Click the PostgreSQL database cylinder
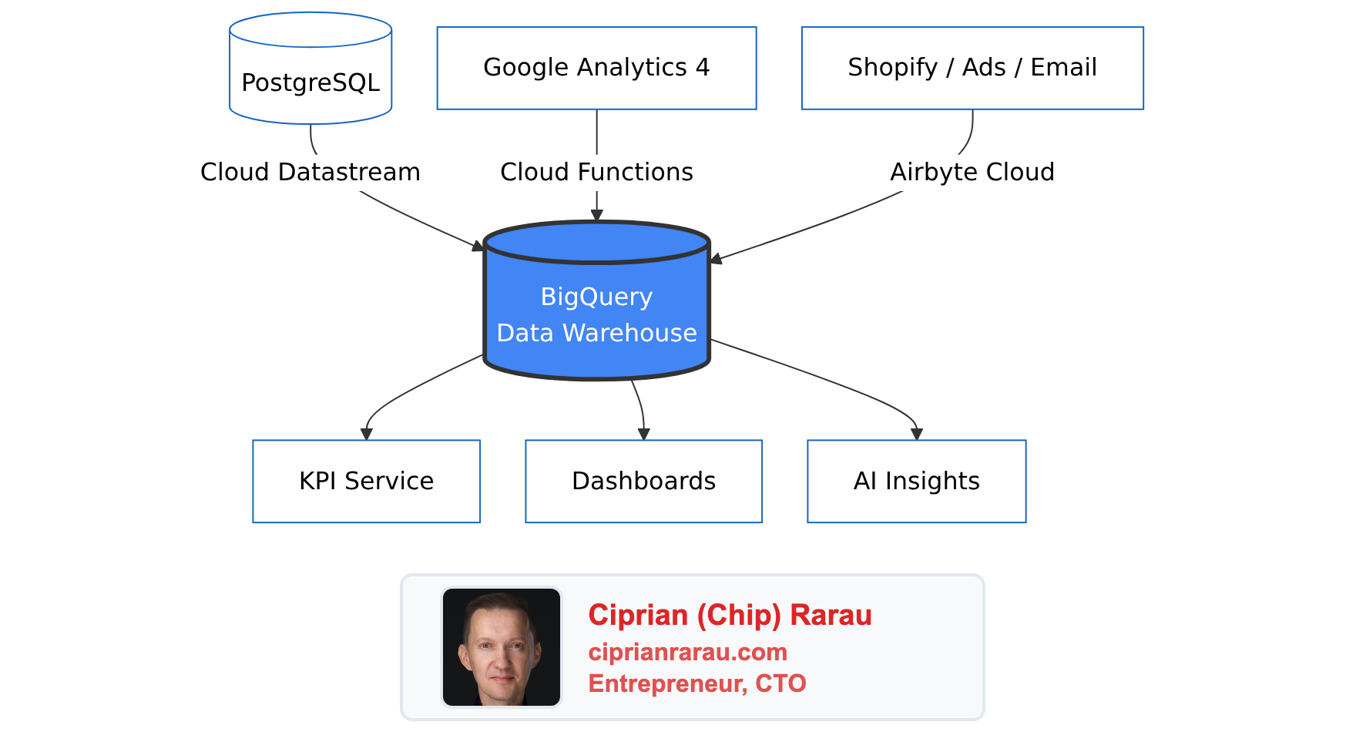click(x=310, y=77)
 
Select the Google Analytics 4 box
click(x=596, y=68)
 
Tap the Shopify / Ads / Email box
click(x=972, y=68)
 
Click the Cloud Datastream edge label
click(x=310, y=172)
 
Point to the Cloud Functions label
click(x=596, y=172)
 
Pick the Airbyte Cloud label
click(x=972, y=172)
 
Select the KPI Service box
click(x=366, y=481)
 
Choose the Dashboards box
click(x=643, y=481)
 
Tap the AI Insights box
click(x=916, y=481)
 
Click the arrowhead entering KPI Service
click(x=366, y=435)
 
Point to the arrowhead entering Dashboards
click(x=643, y=435)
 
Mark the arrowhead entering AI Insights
click(x=916, y=435)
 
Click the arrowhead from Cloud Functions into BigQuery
click(x=596, y=216)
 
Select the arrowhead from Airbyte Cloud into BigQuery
click(x=716, y=260)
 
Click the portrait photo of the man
click(x=502, y=647)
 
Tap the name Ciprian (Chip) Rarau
click(x=730, y=615)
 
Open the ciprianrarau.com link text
click(x=687, y=652)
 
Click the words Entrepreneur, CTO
click(x=696, y=683)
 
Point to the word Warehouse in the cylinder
click(x=629, y=333)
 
